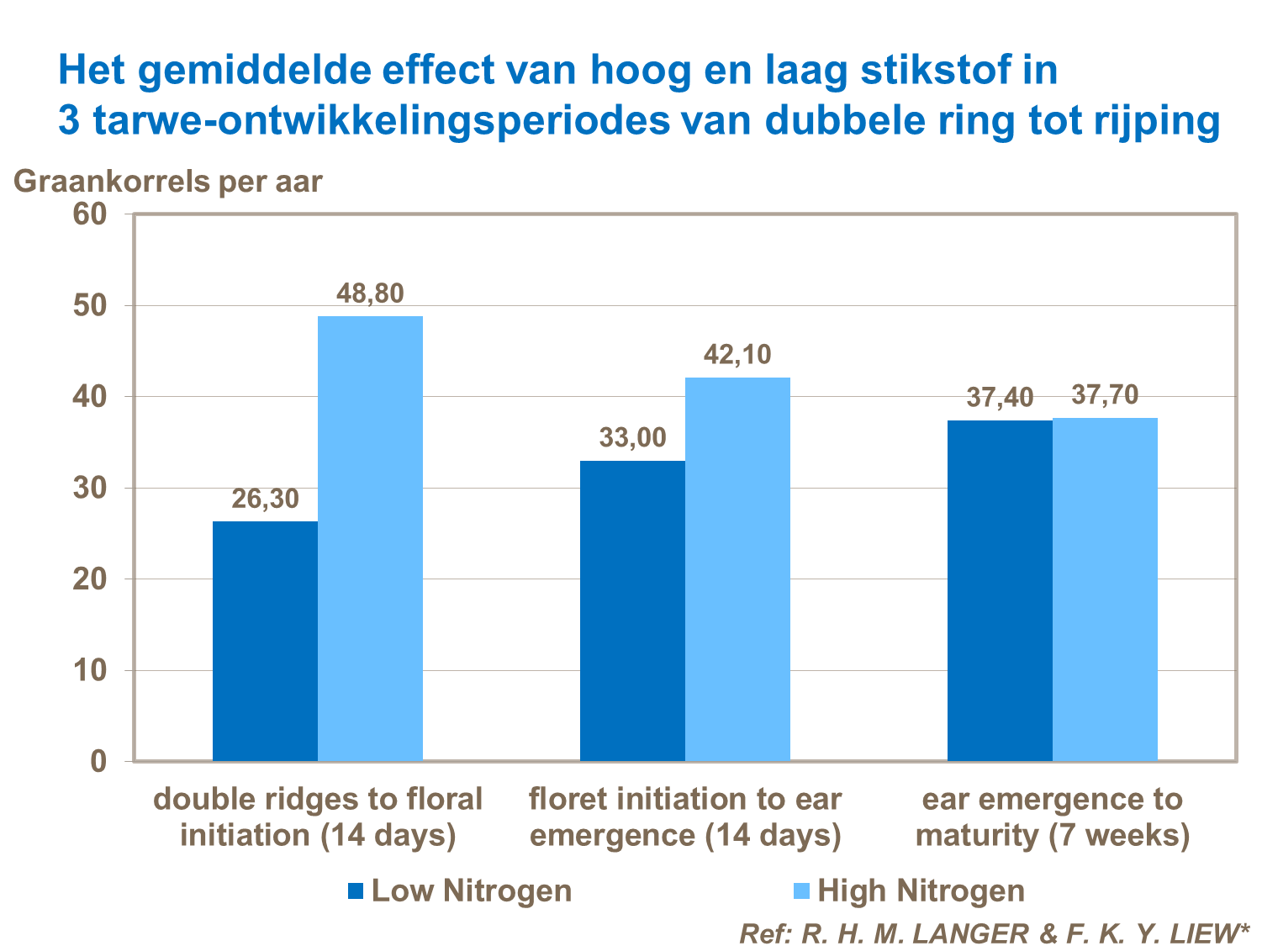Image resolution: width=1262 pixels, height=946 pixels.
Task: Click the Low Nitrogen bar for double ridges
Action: tap(265, 641)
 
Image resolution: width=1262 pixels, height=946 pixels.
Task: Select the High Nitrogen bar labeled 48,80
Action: tap(370, 538)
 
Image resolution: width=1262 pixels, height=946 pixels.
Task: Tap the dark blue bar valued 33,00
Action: tap(632, 610)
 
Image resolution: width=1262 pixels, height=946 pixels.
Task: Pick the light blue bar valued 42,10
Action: tap(737, 569)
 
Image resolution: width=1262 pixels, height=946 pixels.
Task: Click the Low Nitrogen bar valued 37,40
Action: tap(1000, 590)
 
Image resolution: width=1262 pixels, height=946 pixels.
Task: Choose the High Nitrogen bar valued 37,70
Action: tap(1105, 589)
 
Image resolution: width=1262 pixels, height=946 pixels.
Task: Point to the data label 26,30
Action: tap(265, 499)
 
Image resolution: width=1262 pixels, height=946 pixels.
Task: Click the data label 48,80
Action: tap(370, 293)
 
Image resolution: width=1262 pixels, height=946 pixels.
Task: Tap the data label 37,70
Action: tap(1105, 395)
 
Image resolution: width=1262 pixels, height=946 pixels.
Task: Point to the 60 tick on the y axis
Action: tap(90, 214)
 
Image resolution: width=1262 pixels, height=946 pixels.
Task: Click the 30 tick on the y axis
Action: tap(90, 489)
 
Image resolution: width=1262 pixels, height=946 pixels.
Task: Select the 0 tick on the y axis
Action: tap(98, 762)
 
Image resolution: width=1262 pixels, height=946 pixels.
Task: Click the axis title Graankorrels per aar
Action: tap(167, 182)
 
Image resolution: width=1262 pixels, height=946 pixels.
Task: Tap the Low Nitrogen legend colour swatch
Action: tap(356, 891)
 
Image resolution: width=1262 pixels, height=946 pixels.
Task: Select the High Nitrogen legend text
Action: tap(921, 891)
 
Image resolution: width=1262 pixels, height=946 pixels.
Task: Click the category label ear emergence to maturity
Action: tap(1053, 817)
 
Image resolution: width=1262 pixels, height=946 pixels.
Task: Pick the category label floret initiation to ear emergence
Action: tap(685, 817)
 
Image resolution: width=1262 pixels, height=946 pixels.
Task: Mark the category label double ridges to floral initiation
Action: tap(318, 817)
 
